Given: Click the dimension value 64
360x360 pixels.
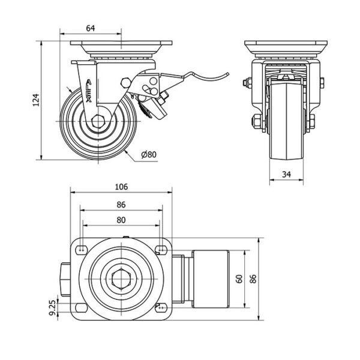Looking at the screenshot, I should pyautogui.click(x=91, y=26).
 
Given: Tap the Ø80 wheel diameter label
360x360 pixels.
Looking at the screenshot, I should pyautogui.click(x=148, y=154).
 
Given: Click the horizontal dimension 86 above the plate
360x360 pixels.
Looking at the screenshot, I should pyautogui.click(x=121, y=203).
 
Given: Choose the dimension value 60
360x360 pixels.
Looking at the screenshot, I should pyautogui.click(x=239, y=279).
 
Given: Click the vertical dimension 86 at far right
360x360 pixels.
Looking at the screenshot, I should pyautogui.click(x=253, y=279).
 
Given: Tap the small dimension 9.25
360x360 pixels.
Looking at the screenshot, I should pyautogui.click(x=52, y=307).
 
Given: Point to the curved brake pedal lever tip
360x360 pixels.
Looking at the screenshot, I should pyautogui.click(x=229, y=73).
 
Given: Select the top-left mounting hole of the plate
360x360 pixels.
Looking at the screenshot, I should pyautogui.click(x=81, y=248).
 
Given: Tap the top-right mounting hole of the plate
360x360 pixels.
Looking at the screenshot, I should pyautogui.click(x=161, y=248).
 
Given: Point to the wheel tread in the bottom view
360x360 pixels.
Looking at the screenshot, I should pyautogui.click(x=207, y=279).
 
